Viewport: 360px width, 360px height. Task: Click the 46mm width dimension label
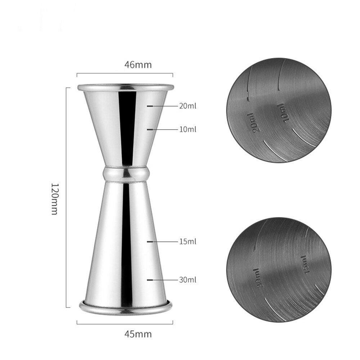click(138, 65)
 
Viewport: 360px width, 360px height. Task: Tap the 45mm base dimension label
click(138, 334)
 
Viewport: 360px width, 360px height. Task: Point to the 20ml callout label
click(188, 106)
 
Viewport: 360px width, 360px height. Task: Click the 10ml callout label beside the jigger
click(188, 129)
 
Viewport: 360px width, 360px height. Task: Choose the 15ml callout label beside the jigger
click(188, 241)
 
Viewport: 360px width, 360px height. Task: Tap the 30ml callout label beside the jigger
click(188, 279)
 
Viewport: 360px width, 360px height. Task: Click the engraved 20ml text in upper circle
click(253, 123)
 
